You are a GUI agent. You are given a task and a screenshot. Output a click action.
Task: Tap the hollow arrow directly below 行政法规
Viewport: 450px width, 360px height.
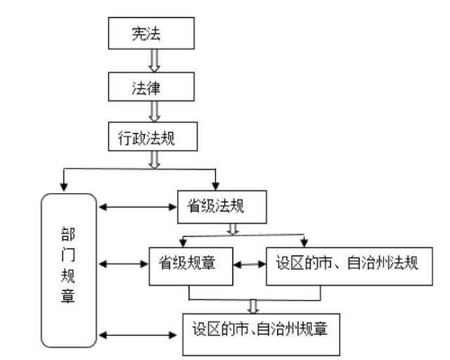(152, 160)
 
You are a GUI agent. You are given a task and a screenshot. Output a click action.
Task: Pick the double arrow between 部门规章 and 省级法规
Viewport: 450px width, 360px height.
(138, 207)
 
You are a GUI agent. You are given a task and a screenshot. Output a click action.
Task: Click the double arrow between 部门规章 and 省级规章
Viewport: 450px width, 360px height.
(123, 265)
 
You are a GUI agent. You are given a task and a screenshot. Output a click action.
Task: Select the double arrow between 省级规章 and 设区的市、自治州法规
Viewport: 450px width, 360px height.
(250, 266)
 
